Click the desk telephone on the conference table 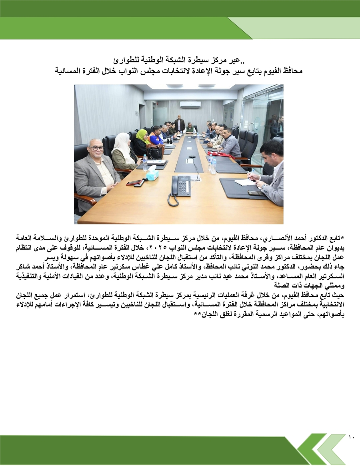point(180,186)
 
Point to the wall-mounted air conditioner point(190,104)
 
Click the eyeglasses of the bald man point(96,148)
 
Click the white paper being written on point(245,182)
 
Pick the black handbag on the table point(155,152)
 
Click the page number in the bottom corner point(351,436)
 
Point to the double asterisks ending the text point(196,315)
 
